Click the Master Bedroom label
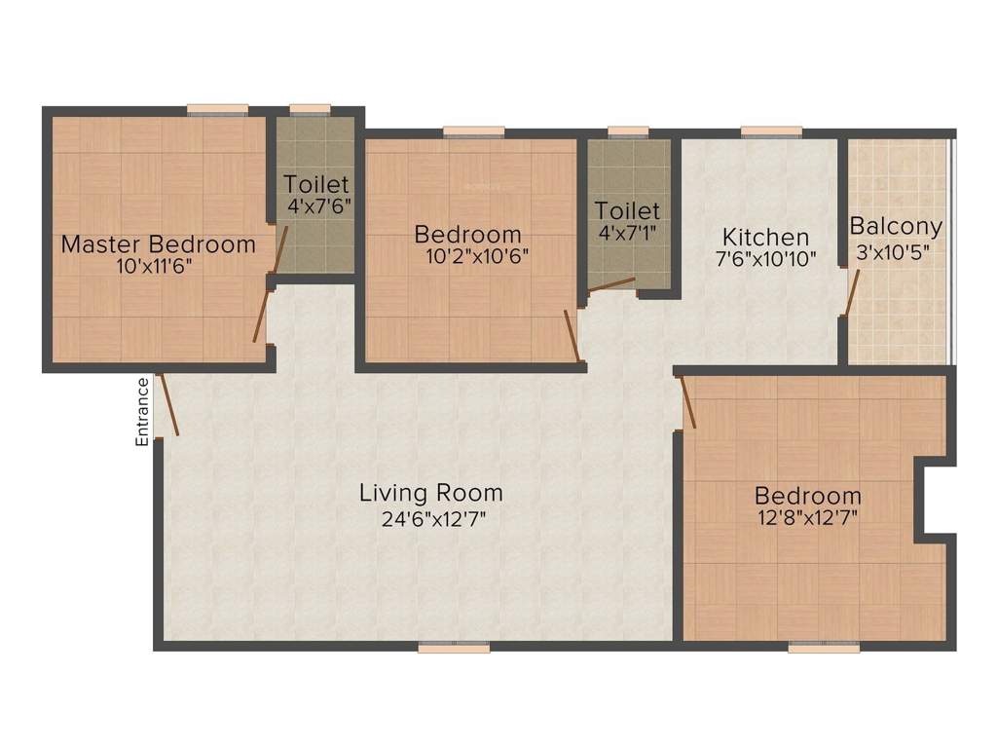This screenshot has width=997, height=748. tap(158, 243)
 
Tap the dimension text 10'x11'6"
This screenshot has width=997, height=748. tap(158, 266)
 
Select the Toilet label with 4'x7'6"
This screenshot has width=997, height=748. tap(315, 184)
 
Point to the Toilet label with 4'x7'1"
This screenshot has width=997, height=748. tap(627, 210)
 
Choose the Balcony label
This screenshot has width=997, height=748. tap(896, 227)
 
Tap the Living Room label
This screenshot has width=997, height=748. tap(430, 493)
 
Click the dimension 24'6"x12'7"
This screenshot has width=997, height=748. tap(433, 518)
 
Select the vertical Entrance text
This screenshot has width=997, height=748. tap(142, 411)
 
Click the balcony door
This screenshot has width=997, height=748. tap(851, 294)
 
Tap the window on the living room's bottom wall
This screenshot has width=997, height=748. tap(454, 646)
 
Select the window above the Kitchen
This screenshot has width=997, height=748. tap(771, 131)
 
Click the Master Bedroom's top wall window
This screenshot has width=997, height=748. tap(217, 109)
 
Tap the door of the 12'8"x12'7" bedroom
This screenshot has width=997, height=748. tap(688, 401)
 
